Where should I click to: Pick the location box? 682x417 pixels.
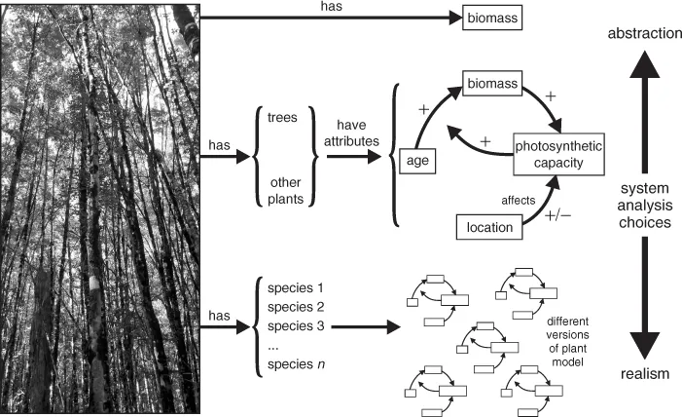pyautogui.click(x=484, y=228)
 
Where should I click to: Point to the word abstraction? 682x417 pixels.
pyautogui.click(x=636, y=34)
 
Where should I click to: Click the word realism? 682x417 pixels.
pyautogui.click(x=637, y=374)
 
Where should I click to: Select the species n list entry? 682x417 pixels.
pyautogui.click(x=294, y=366)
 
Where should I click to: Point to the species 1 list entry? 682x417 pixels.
pyautogui.click(x=294, y=289)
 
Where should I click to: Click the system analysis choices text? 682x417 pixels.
pyautogui.click(x=637, y=206)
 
